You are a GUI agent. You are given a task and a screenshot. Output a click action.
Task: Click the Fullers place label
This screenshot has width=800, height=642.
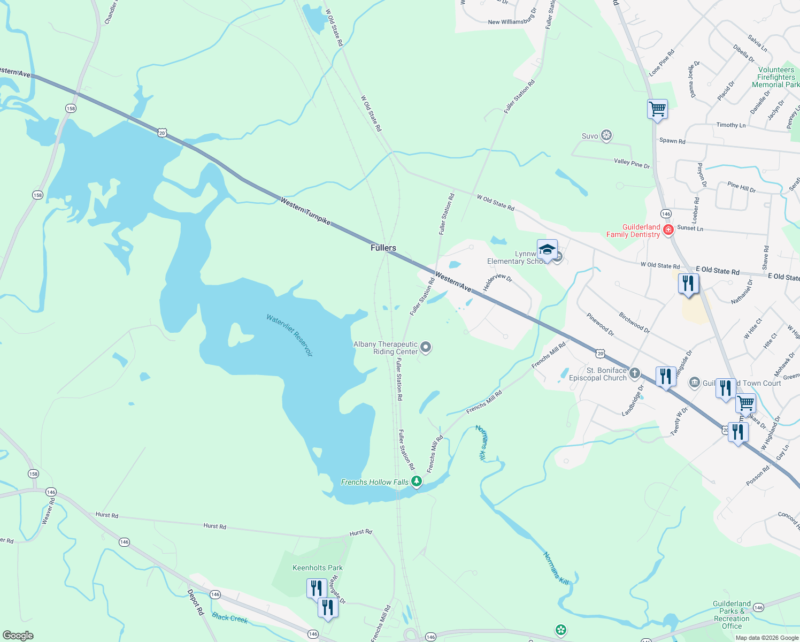click(x=383, y=248)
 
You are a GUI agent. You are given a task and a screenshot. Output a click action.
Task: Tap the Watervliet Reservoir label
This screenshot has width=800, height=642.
click(x=289, y=335)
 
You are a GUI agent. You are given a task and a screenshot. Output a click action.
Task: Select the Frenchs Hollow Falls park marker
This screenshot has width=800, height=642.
click(x=417, y=482)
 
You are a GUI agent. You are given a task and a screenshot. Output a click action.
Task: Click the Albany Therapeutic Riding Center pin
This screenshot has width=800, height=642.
click(x=426, y=348)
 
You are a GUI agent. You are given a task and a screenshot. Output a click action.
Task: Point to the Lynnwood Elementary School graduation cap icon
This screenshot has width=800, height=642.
click(x=547, y=249)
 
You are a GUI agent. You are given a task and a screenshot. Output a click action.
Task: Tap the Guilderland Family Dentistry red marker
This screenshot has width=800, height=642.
click(x=668, y=230)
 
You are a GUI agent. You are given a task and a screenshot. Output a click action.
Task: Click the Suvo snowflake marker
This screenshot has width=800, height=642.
click(x=606, y=135)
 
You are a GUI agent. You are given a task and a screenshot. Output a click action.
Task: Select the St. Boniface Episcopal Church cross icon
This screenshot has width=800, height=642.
click(x=635, y=373)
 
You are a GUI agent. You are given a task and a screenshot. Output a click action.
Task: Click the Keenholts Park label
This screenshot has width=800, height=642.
click(x=318, y=568)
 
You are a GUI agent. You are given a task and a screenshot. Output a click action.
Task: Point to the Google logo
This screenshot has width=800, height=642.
click(x=18, y=636)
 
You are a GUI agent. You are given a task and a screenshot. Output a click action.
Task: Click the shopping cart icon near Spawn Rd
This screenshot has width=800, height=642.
click(x=657, y=109)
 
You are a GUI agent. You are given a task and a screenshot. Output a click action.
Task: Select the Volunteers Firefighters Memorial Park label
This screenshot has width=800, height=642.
click(x=776, y=77)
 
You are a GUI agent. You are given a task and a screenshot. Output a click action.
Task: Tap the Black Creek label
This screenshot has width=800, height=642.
click(x=229, y=618)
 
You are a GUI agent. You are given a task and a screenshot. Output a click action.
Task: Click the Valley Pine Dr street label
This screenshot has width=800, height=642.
click(x=632, y=163)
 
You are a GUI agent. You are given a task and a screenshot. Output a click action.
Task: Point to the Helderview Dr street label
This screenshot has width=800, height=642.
click(x=497, y=282)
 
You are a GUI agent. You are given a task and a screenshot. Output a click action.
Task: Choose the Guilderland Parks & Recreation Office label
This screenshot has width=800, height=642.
click(x=732, y=615)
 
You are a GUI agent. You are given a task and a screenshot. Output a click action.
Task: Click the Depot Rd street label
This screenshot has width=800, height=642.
click(x=196, y=602)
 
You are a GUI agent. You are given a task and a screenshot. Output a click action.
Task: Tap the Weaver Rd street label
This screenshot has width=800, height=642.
click(x=49, y=511)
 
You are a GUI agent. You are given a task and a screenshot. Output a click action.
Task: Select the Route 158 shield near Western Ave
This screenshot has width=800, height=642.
click(x=71, y=109)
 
